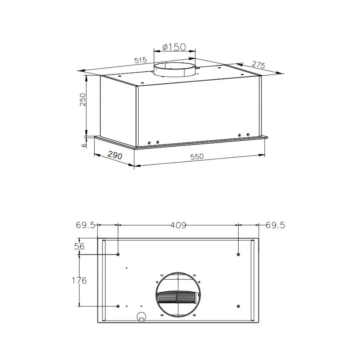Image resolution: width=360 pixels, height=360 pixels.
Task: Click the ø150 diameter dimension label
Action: [x=174, y=47]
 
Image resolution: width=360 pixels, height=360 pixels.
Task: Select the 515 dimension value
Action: [x=140, y=60]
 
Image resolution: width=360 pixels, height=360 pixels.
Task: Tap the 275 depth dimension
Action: [x=258, y=65]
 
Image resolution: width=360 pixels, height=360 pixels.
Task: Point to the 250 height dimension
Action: [x=82, y=99]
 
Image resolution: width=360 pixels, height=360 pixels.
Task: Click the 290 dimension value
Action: [x=115, y=156]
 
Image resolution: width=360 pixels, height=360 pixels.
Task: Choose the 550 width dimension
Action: [x=197, y=157]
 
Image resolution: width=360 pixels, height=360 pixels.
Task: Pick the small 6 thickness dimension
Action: [x=84, y=145]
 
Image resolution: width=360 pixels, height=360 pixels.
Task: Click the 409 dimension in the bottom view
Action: [x=179, y=225]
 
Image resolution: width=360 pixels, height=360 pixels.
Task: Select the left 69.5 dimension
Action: [x=85, y=225]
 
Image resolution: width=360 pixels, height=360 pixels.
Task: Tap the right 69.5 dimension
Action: [x=275, y=225]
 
